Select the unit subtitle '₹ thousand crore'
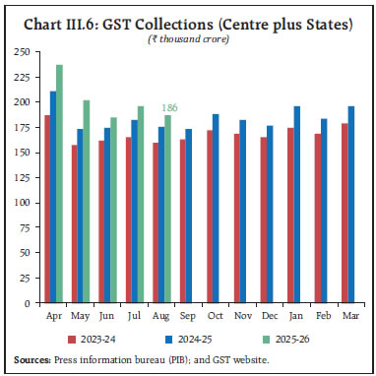[188, 36]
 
